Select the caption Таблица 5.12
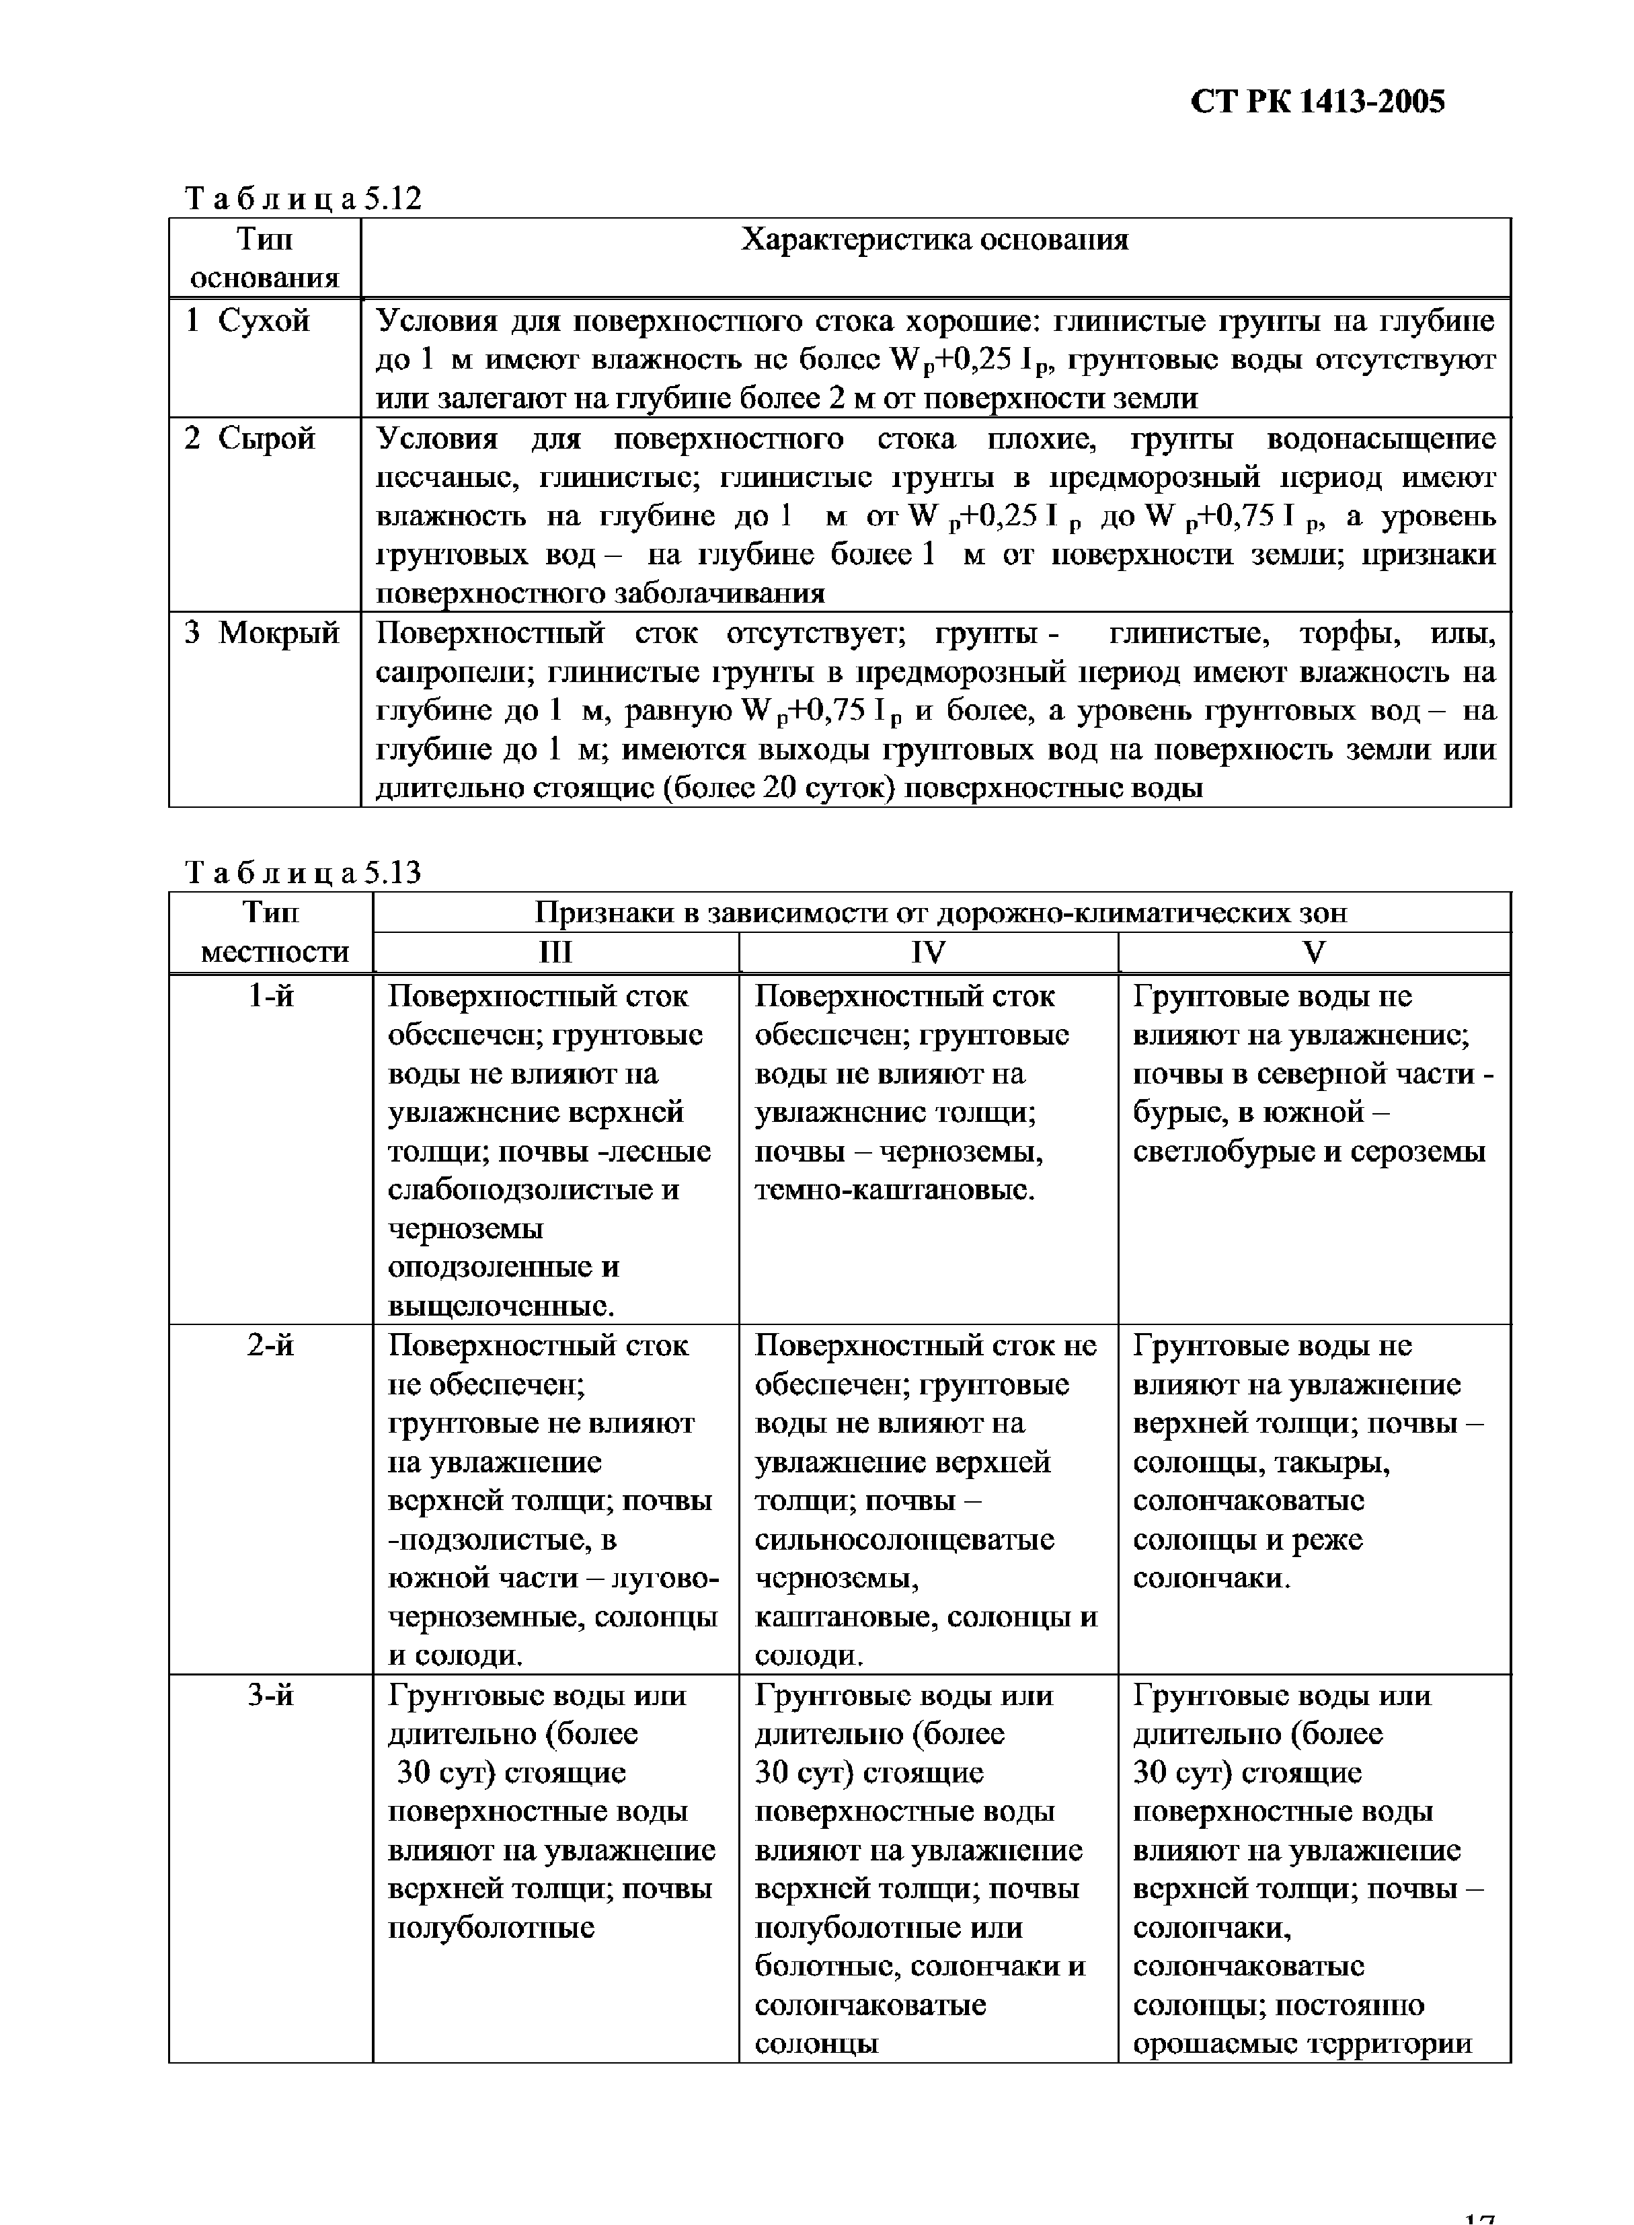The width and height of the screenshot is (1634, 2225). [x=304, y=199]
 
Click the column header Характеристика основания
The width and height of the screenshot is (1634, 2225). [x=935, y=240]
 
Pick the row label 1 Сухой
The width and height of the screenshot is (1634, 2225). [x=248, y=322]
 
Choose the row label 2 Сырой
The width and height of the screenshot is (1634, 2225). [x=250, y=439]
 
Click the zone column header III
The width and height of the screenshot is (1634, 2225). [x=555, y=952]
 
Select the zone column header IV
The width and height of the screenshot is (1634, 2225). [x=928, y=952]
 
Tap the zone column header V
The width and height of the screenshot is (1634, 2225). [x=1313, y=952]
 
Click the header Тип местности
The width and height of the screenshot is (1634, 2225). [x=270, y=932]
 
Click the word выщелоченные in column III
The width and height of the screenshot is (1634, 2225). [x=500, y=1307]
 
